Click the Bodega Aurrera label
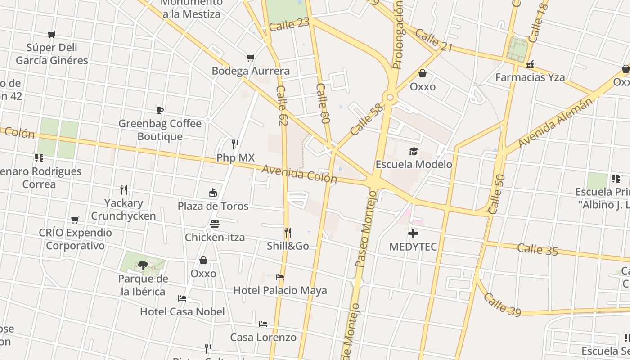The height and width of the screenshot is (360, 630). click(x=251, y=71)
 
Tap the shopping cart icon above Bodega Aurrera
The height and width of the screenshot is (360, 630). click(x=251, y=58)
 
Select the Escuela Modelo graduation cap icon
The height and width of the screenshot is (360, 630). click(x=414, y=151)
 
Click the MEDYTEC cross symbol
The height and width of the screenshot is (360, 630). click(x=413, y=234)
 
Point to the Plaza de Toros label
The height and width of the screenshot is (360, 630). click(x=213, y=206)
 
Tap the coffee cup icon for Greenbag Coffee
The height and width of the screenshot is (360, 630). click(x=160, y=110)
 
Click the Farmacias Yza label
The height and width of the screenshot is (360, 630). click(x=530, y=77)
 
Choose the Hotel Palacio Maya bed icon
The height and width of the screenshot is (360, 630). click(x=280, y=277)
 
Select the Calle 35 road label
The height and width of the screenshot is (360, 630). click(x=537, y=249)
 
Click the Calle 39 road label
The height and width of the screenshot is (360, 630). click(x=502, y=304)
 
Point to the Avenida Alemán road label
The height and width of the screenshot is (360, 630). click(x=555, y=123)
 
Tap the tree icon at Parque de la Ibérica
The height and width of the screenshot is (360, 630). click(x=143, y=265)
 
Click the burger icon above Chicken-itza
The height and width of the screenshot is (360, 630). click(x=215, y=224)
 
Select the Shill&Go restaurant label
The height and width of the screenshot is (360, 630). click(x=288, y=246)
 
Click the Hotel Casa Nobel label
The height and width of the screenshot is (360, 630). click(x=182, y=311)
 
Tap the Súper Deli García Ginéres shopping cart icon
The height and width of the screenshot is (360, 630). click(x=52, y=34)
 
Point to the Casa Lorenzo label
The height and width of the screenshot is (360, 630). click(x=263, y=337)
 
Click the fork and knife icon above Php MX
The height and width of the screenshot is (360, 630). click(x=235, y=144)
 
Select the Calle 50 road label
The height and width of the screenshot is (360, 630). click(x=496, y=194)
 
